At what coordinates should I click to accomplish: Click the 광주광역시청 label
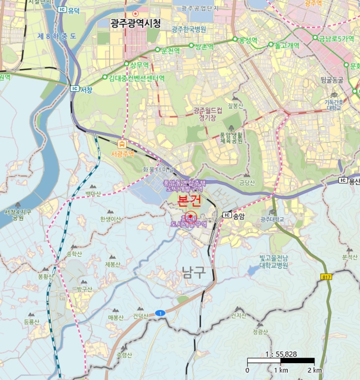(135, 23)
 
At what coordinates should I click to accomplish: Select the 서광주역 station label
(122, 154)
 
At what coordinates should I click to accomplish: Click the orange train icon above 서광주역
(122, 144)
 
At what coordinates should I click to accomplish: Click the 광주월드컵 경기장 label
(208, 113)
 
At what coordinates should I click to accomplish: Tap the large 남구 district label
(194, 272)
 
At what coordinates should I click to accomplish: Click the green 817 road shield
(327, 277)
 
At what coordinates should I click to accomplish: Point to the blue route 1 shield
(160, 313)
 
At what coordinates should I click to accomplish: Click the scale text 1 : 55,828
(281, 354)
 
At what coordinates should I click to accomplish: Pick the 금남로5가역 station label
(336, 38)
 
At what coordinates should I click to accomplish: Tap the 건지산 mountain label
(238, 315)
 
